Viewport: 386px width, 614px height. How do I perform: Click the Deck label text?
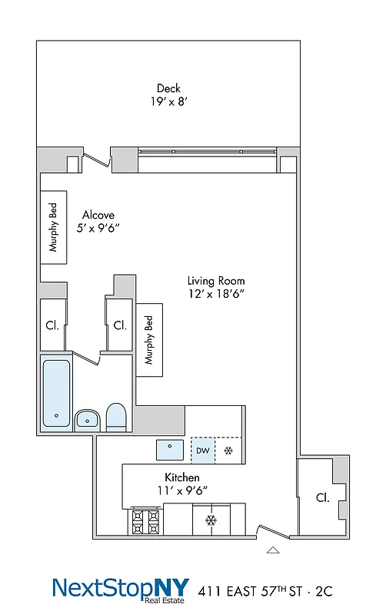click(x=168, y=87)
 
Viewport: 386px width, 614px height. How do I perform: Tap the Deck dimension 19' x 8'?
click(x=168, y=101)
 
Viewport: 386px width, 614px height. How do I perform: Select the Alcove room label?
click(x=98, y=216)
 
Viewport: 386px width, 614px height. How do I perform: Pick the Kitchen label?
click(x=182, y=477)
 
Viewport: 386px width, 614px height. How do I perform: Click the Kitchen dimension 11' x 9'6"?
click(x=182, y=490)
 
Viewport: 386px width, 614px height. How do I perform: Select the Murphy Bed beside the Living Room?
click(x=149, y=340)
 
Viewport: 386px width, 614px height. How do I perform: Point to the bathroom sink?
click(x=87, y=418)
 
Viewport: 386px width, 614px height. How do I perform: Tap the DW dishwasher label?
click(x=202, y=451)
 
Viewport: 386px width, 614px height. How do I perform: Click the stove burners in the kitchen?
click(x=145, y=522)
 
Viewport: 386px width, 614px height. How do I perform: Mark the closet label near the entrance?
click(x=322, y=497)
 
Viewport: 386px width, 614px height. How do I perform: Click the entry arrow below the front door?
click(x=272, y=550)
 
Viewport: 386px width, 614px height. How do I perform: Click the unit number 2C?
click(x=328, y=591)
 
